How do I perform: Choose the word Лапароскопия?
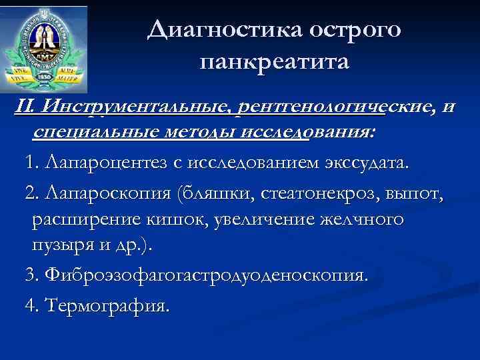pyautogui.click(x=105, y=193)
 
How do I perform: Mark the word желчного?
pyautogui.click(x=364, y=219)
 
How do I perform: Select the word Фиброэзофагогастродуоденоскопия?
pyautogui.click(x=205, y=275)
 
